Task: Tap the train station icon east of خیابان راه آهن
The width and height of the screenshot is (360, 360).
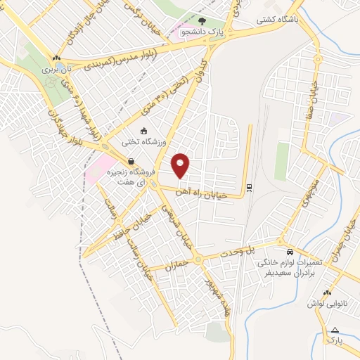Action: coord(248,187)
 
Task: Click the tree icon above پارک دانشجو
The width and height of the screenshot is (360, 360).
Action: coord(202,22)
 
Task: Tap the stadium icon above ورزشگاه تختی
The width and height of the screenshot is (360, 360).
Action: coord(144,130)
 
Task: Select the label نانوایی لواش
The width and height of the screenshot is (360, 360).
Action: coord(324,304)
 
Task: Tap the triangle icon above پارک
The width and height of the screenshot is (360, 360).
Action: coord(335,330)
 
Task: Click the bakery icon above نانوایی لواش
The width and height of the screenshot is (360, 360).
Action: coord(326,292)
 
